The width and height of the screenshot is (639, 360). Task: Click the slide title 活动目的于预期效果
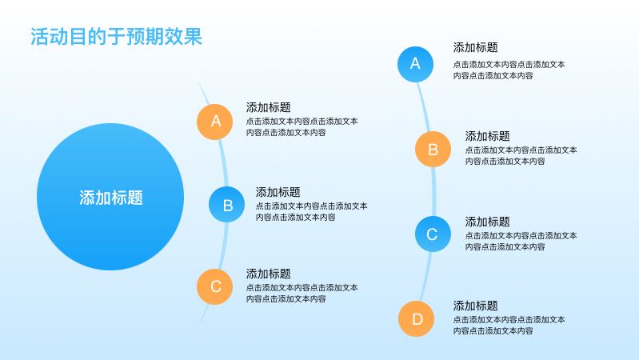117,36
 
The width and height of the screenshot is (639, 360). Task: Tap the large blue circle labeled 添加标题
110,197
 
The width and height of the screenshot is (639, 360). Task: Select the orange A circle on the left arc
215,122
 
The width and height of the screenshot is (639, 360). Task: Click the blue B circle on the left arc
226,204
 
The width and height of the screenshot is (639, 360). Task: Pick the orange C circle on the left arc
215,286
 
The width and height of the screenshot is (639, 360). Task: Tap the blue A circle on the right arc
415,64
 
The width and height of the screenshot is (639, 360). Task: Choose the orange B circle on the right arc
433,150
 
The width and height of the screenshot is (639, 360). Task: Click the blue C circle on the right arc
433,234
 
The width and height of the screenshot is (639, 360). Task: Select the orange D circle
416,319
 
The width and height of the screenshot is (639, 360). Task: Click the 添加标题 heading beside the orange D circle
476,306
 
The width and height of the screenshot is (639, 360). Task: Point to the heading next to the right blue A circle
476,47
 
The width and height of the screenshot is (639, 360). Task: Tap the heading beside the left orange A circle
268,107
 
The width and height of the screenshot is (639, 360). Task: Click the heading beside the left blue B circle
278,192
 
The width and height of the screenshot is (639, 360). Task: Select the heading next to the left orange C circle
268,274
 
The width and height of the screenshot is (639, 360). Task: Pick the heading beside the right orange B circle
487,136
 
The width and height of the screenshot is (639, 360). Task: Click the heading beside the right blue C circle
487,222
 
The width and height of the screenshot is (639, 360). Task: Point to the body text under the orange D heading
509,326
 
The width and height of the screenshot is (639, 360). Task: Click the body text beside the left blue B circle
312,211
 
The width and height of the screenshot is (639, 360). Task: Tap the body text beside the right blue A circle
509,70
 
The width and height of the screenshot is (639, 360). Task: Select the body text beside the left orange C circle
302,293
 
